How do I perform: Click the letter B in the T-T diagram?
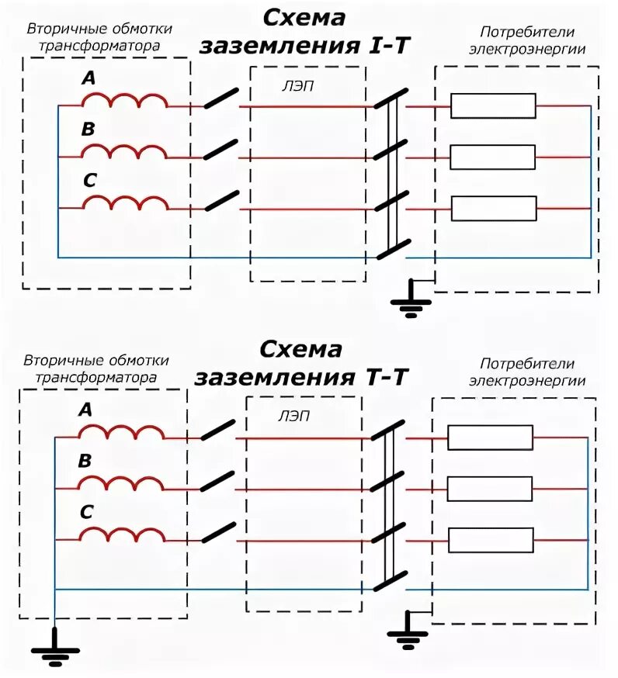click(85, 462)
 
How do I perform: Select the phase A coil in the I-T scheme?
click(124, 101)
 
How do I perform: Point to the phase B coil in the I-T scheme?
click(124, 152)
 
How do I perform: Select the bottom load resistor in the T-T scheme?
click(490, 539)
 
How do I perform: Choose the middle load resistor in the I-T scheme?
click(493, 157)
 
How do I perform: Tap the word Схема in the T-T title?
click(301, 349)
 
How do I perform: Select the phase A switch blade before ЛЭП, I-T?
click(221, 98)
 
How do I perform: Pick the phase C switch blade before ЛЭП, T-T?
click(218, 532)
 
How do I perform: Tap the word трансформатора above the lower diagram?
click(95, 377)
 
